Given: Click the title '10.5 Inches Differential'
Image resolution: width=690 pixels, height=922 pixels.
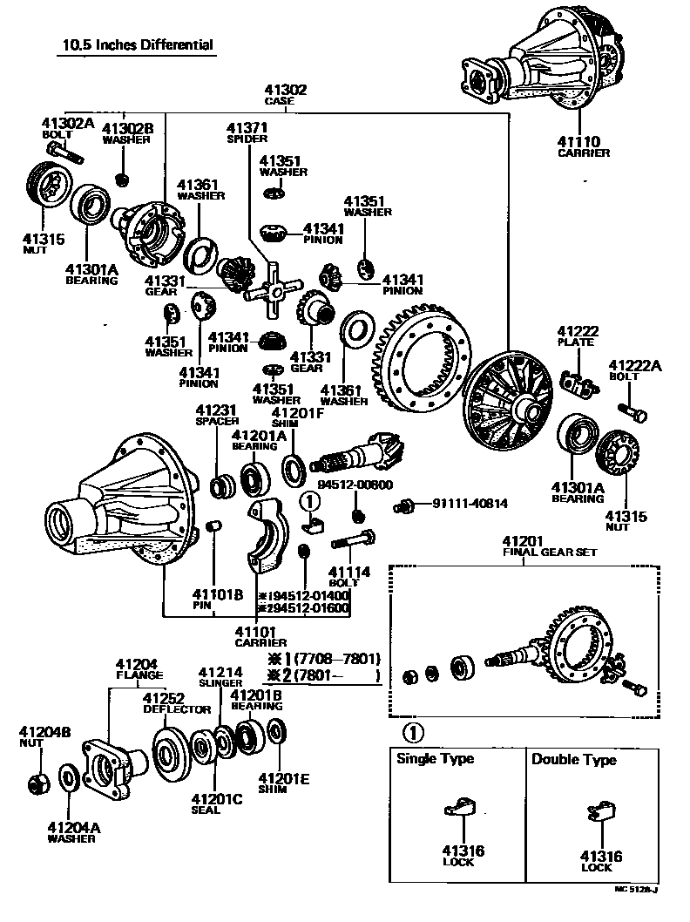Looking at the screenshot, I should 138,44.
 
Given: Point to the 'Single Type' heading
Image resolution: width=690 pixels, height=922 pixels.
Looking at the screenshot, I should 435,758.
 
